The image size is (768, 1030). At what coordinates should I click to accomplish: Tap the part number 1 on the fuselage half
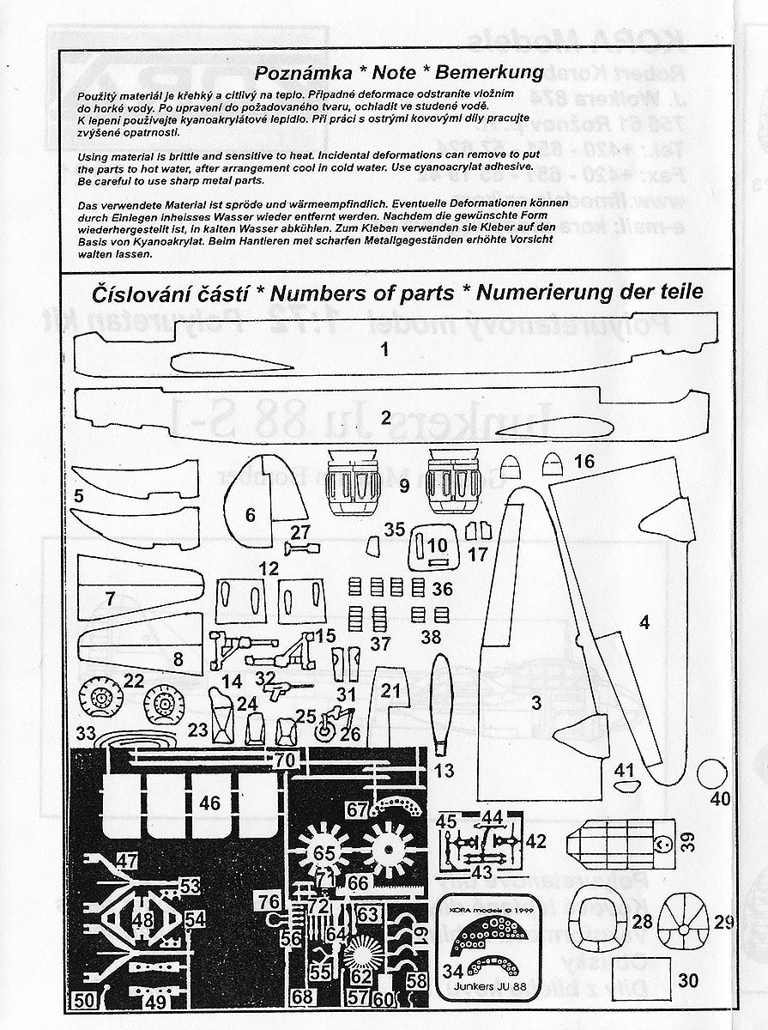point(385,349)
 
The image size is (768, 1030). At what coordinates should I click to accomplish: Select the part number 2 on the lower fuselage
point(385,418)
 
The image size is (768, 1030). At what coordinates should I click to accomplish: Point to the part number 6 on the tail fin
point(251,515)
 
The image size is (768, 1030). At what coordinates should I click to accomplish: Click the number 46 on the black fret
point(209,803)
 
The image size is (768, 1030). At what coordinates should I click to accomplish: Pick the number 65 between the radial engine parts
point(324,853)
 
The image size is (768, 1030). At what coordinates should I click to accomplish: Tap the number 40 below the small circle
point(720,798)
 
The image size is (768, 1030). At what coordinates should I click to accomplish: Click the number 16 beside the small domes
point(584,462)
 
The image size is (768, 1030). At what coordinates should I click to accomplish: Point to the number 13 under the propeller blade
point(444,770)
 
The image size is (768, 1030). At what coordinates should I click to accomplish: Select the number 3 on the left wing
point(536,704)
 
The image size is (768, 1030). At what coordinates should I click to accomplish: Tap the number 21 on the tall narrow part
point(390,691)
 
